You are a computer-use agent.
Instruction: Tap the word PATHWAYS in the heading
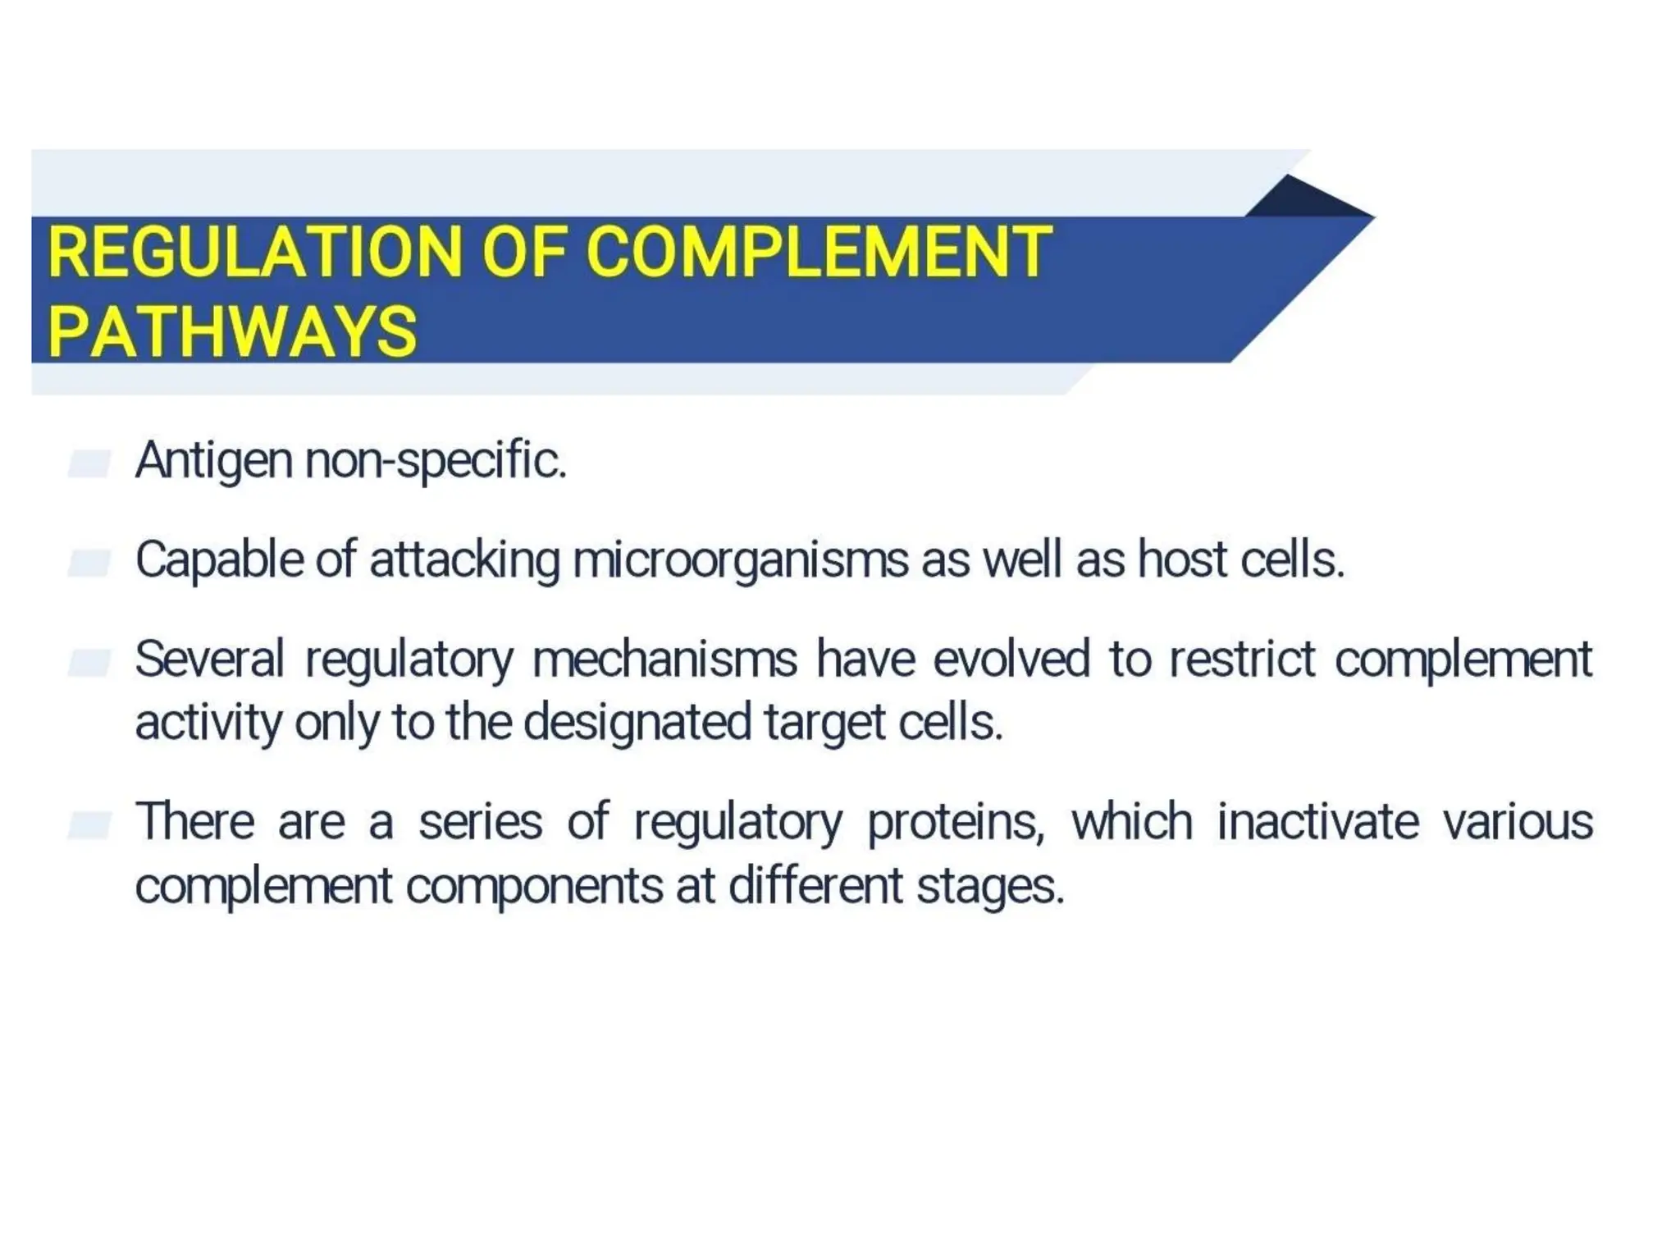click(x=233, y=332)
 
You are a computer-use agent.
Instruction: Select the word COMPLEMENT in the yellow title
click(x=818, y=252)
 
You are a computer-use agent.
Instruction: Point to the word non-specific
click(x=436, y=462)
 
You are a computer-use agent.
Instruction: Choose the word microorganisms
click(x=741, y=561)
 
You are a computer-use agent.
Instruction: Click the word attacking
click(x=465, y=561)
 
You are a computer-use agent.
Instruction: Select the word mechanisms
click(x=664, y=659)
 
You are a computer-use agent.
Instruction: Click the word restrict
click(x=1242, y=659)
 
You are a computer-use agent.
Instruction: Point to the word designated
click(x=637, y=724)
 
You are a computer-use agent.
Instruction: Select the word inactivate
click(x=1317, y=821)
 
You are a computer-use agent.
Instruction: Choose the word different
click(x=815, y=887)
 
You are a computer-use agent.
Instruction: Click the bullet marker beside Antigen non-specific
click(x=89, y=463)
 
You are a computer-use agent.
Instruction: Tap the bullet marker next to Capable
click(x=89, y=563)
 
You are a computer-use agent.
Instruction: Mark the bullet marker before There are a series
click(x=89, y=825)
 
